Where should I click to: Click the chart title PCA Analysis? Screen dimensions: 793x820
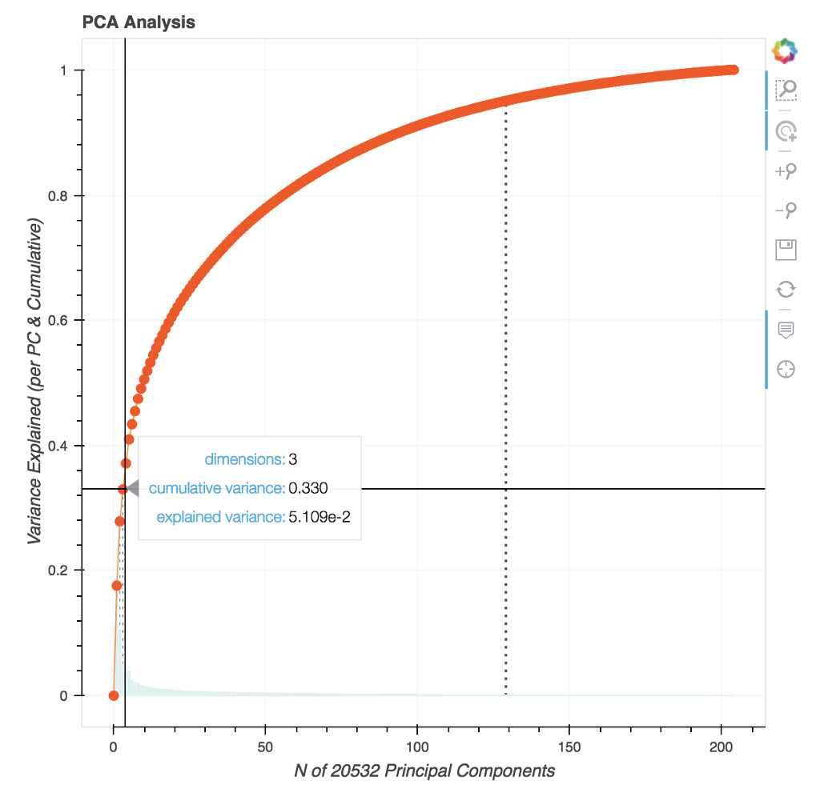tap(139, 22)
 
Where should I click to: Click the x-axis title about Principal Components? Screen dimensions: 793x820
tap(424, 771)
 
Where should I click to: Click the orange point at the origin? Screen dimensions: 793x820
tap(114, 695)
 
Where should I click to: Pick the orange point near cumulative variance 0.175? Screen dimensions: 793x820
tap(117, 586)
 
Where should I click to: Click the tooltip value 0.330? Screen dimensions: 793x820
tap(308, 488)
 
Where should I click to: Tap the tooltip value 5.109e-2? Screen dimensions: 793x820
tap(320, 517)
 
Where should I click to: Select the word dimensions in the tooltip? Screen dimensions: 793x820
tap(244, 459)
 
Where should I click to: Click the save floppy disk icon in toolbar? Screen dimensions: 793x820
tap(786, 250)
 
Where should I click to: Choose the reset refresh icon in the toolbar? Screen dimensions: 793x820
tap(786, 289)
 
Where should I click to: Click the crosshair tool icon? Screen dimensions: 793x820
tap(786, 369)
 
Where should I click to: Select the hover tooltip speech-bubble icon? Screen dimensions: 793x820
tap(786, 329)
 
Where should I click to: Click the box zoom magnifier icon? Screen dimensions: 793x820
tap(786, 90)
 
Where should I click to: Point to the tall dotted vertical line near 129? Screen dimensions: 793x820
tap(506, 400)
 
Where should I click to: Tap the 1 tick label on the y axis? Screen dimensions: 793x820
tap(63, 70)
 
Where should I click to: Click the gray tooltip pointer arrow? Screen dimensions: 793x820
tap(133, 488)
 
